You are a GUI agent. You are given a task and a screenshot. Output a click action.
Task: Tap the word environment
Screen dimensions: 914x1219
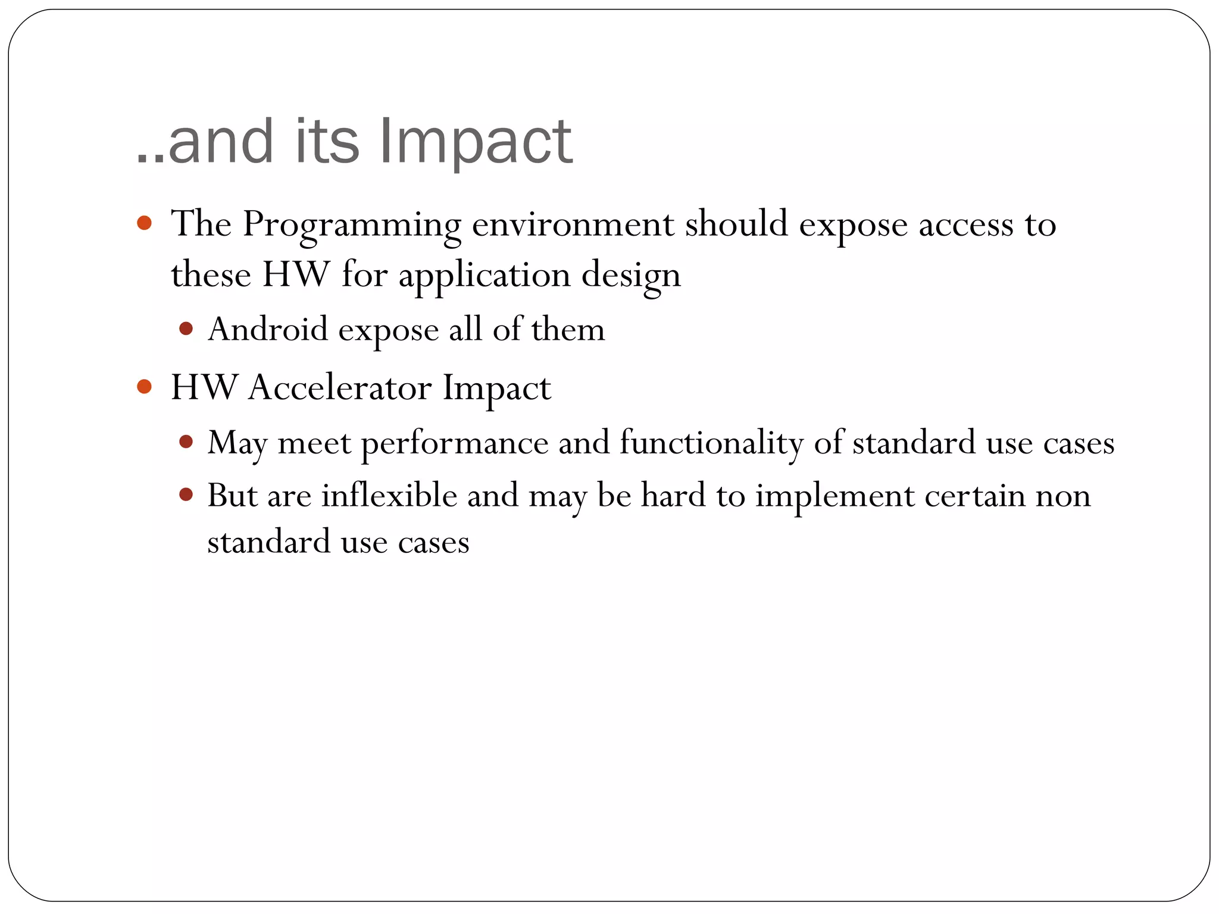click(573, 225)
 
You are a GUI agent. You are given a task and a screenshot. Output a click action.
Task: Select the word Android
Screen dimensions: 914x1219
click(268, 329)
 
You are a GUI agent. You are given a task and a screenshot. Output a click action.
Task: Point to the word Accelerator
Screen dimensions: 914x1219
click(339, 387)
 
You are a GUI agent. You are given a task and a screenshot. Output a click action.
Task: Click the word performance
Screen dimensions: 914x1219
click(455, 443)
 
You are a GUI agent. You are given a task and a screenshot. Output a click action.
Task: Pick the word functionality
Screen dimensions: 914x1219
click(711, 443)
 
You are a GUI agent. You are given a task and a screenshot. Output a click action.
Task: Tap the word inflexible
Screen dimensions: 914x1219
click(389, 495)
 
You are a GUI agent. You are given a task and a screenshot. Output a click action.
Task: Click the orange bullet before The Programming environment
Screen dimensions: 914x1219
click(144, 223)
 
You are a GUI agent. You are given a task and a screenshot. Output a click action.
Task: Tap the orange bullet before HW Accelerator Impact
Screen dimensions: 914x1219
click(144, 387)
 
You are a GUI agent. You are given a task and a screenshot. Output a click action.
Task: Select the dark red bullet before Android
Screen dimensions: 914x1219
click(186, 328)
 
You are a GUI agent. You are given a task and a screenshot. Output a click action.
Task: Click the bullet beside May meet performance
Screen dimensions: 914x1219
click(186, 442)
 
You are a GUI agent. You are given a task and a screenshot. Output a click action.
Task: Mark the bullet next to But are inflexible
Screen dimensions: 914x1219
click(186, 494)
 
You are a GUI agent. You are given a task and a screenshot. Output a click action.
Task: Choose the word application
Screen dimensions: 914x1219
click(485, 276)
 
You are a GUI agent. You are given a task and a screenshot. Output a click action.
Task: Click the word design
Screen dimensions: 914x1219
click(631, 276)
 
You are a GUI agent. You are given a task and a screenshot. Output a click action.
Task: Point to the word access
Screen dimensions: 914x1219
click(965, 225)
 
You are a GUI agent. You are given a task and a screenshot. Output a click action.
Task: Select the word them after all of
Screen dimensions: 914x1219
click(568, 329)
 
